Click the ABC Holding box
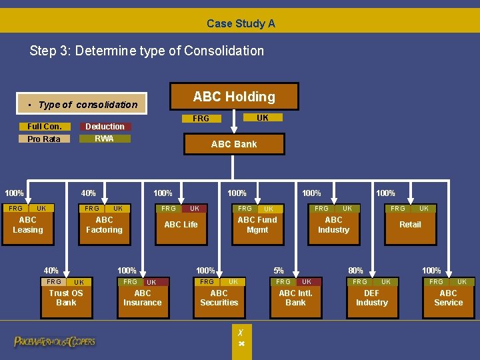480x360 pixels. [234, 97]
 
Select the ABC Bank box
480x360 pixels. [234, 144]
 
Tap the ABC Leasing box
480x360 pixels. [28, 225]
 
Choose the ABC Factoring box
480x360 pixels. [104, 225]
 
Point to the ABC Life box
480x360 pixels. [181, 225]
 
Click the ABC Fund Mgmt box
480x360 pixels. [257, 225]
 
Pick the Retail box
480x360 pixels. [410, 225]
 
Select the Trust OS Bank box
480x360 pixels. [66, 298]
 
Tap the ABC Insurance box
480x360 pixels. [143, 298]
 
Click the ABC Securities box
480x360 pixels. [219, 298]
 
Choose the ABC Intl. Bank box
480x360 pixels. [295, 298]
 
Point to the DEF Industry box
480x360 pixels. [372, 298]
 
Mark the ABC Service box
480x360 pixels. [449, 298]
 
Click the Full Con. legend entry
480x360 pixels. [44, 127]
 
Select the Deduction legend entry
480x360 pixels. [105, 127]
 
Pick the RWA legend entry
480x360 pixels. [105, 139]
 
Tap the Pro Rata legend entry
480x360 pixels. [44, 139]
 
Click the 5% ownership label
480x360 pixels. [279, 271]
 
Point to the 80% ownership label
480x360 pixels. [356, 271]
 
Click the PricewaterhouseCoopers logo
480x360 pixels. [55, 342]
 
